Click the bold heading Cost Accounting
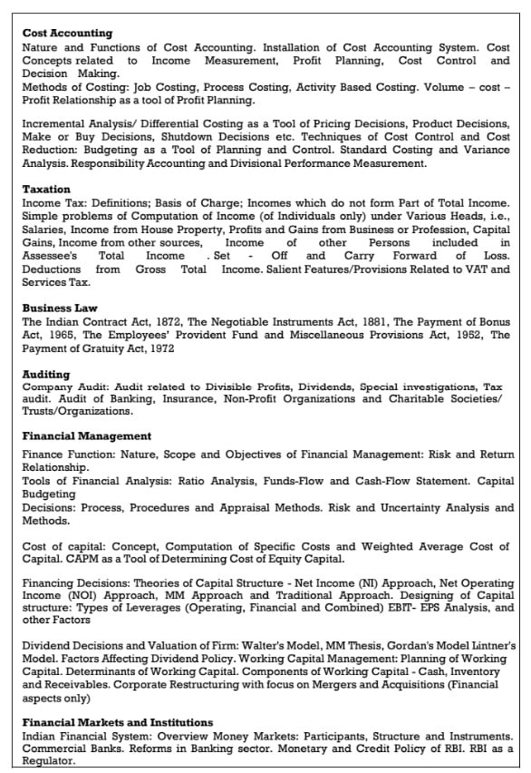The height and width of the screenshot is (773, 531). click(x=67, y=34)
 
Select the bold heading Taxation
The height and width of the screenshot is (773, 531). click(x=46, y=189)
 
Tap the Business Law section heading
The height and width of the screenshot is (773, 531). click(x=60, y=308)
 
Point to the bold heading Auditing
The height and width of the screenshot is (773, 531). click(x=46, y=374)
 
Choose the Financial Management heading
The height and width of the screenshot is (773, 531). click(x=87, y=436)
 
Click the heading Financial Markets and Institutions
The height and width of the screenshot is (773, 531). click(x=118, y=722)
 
